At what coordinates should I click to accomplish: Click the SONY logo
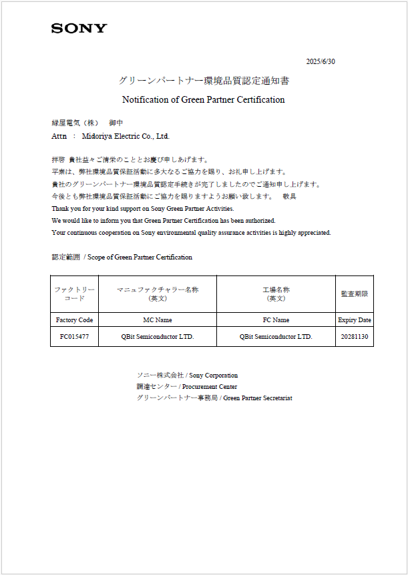point(79,28)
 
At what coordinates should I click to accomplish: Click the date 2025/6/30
point(321,61)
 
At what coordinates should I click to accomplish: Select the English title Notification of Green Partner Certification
point(204,100)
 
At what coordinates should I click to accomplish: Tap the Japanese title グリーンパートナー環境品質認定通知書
point(204,81)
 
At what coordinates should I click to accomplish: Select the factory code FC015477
point(74,337)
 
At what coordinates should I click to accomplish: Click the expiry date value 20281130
point(355,337)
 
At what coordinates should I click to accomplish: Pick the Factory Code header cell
point(74,320)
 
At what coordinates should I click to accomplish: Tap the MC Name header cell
point(158,320)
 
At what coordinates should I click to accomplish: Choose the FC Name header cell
point(276,320)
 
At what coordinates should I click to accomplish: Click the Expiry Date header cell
point(355,320)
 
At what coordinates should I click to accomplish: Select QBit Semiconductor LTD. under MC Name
point(158,337)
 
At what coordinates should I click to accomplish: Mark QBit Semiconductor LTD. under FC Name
point(276,337)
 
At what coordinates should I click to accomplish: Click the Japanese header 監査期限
point(355,294)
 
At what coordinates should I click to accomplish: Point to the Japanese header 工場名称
point(276,290)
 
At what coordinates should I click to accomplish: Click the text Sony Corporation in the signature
point(213,376)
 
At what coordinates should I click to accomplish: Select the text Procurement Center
point(210,387)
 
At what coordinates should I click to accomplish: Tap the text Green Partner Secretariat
point(257,398)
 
